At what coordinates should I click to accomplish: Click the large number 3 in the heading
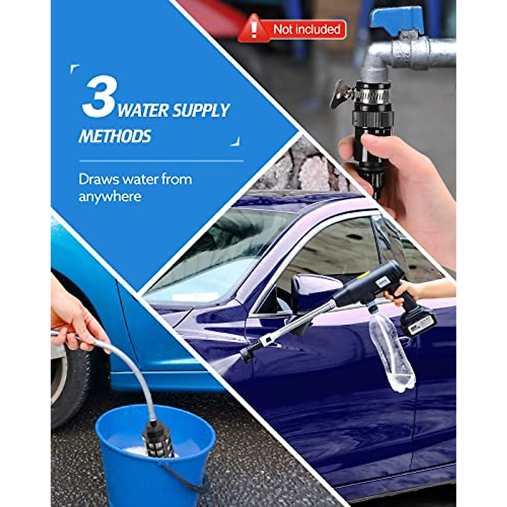[x=99, y=97]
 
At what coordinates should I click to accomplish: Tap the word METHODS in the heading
[x=114, y=136]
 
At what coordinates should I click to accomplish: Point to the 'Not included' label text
[x=307, y=30]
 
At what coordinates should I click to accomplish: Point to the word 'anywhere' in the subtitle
[x=110, y=197]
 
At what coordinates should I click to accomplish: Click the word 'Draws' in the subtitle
[x=98, y=179]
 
